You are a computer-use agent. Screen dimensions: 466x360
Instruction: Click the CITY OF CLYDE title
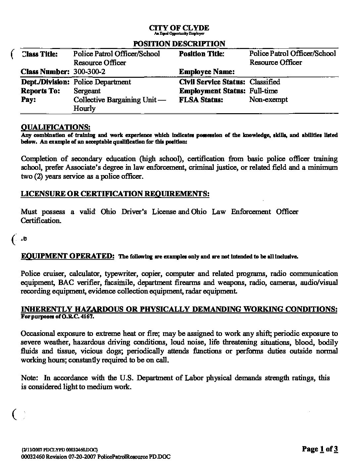(179, 28)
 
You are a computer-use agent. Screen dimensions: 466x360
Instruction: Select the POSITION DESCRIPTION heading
(179, 43)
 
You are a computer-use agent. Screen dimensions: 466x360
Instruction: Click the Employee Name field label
(207, 72)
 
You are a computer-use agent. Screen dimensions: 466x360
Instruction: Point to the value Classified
(264, 82)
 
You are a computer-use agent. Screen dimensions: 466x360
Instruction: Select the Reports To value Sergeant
(87, 91)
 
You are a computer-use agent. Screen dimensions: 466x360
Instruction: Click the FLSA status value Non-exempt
(268, 100)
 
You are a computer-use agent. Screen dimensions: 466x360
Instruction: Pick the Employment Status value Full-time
(263, 91)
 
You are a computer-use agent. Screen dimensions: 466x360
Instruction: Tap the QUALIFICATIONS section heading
(56, 127)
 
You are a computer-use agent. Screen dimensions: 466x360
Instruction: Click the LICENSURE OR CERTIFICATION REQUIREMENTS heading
(115, 194)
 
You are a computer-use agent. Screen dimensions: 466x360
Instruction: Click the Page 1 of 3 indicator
(320, 449)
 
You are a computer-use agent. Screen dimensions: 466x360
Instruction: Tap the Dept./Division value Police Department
(102, 82)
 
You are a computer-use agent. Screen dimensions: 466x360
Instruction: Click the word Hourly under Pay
(84, 109)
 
